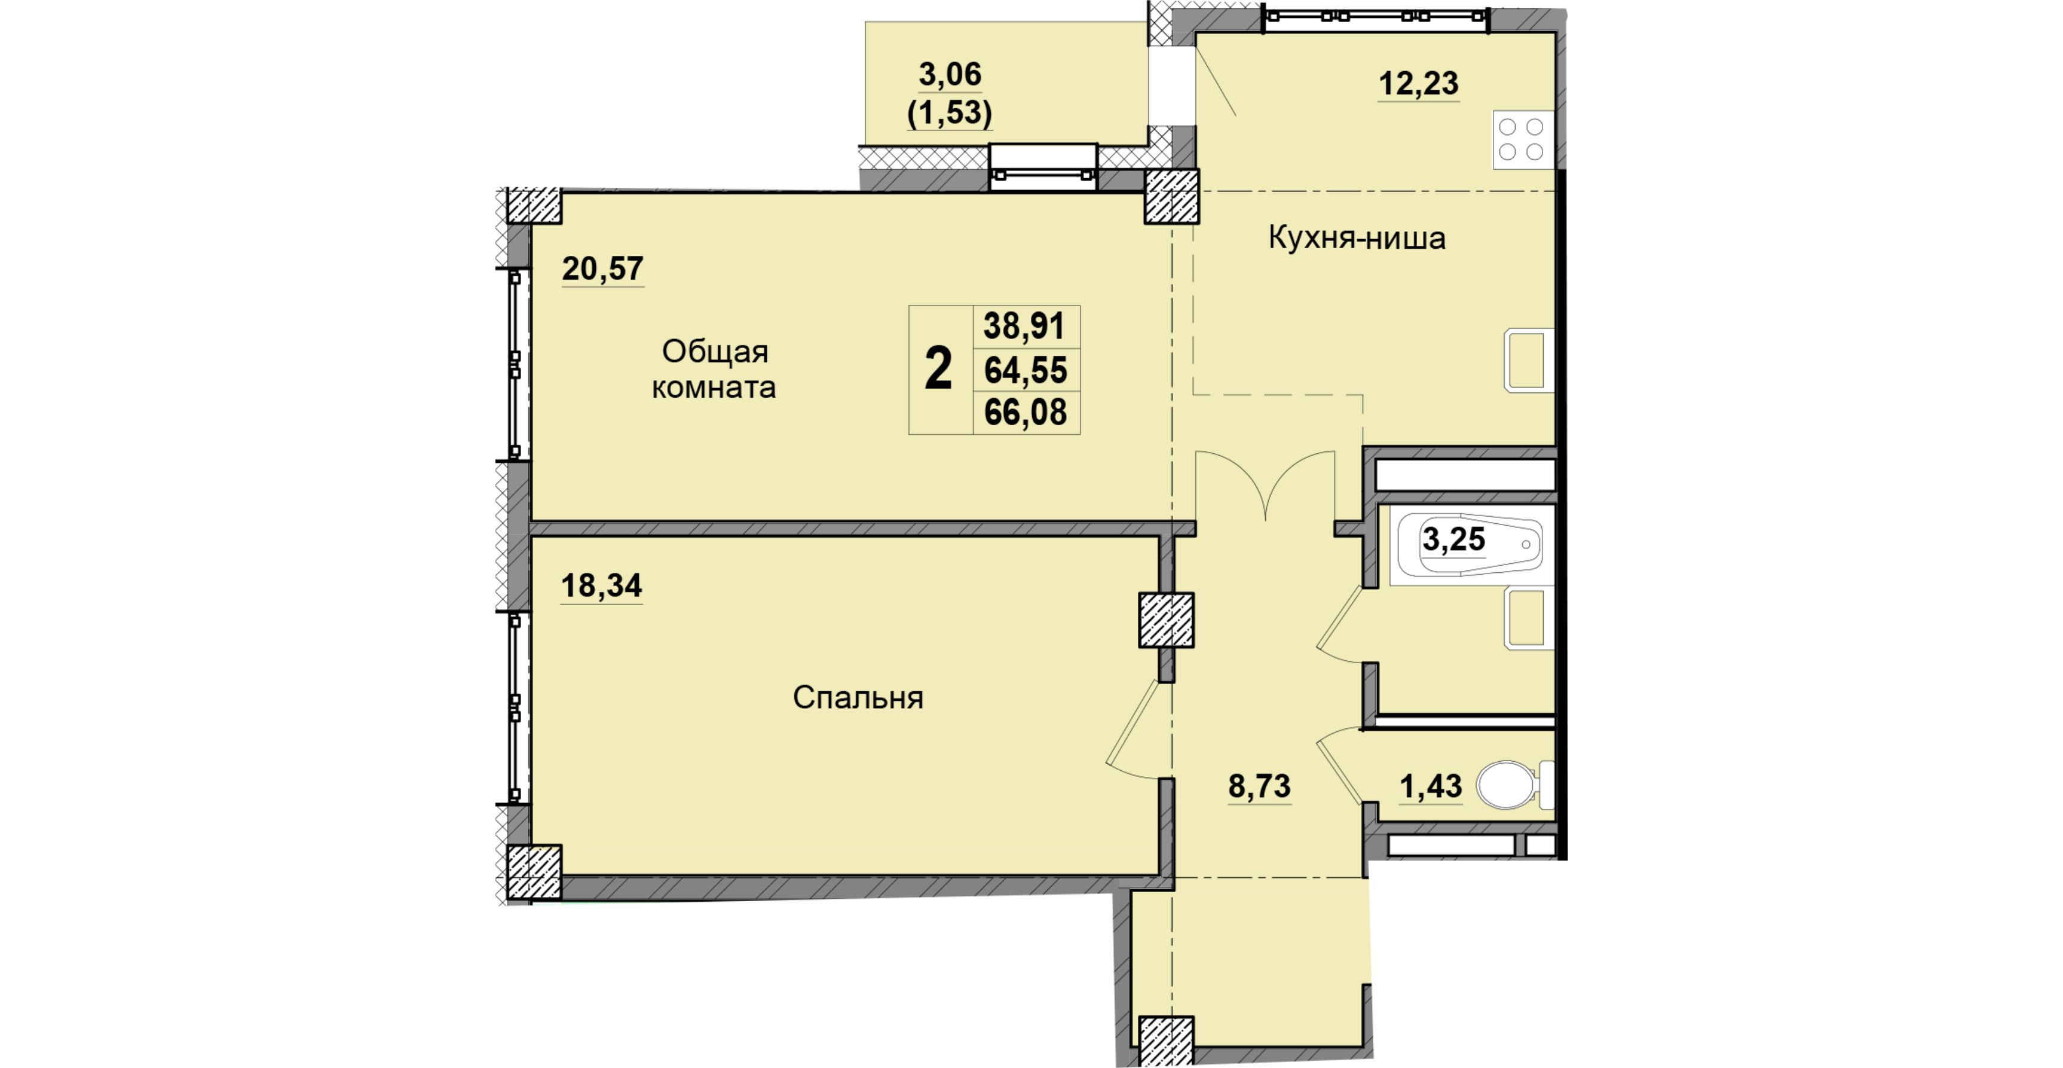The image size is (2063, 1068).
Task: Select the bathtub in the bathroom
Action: [x=1470, y=545]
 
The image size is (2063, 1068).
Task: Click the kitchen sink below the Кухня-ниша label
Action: [x=1529, y=361]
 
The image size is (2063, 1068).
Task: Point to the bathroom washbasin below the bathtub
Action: [x=1529, y=618]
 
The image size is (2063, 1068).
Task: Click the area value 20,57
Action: [x=602, y=269]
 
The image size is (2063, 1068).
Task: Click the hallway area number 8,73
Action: [x=1260, y=787]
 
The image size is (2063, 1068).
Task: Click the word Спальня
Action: [x=858, y=698]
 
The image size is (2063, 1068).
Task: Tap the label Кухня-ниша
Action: [x=1357, y=238]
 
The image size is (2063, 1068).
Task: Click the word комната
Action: [x=714, y=387]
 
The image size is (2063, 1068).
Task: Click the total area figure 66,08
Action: [x=1026, y=413]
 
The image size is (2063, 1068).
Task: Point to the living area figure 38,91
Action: [x=1024, y=327]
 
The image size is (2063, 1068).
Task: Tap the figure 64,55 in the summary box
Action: [x=1026, y=370]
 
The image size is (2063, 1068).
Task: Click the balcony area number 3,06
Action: [x=950, y=75]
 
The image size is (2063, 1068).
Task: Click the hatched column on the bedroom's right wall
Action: [x=1167, y=620]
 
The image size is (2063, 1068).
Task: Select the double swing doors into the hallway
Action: [x=1265, y=485]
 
